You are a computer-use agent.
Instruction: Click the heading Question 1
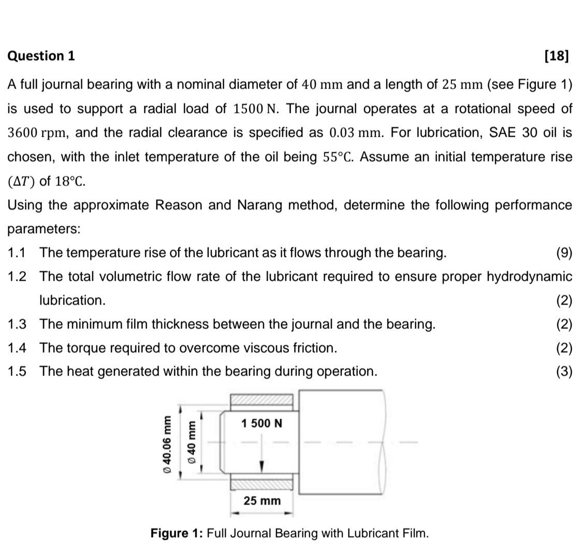pyautogui.click(x=41, y=56)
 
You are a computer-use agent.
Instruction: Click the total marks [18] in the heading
pyautogui.click(x=557, y=56)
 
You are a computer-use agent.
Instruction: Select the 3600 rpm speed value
pyautogui.click(x=36, y=133)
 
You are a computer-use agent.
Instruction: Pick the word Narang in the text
pyautogui.click(x=260, y=205)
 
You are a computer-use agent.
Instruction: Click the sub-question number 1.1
pyautogui.click(x=17, y=253)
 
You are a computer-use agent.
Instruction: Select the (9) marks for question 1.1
pyautogui.click(x=564, y=253)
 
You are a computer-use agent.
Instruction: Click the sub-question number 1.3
pyautogui.click(x=17, y=324)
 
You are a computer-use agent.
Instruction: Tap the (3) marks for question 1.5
pyautogui.click(x=564, y=372)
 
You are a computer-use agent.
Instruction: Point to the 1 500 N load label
pyautogui.click(x=262, y=424)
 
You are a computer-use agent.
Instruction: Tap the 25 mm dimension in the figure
pyautogui.click(x=262, y=501)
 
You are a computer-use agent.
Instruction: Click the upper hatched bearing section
pyautogui.click(x=261, y=399)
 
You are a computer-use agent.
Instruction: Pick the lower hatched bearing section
pyautogui.click(x=261, y=484)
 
